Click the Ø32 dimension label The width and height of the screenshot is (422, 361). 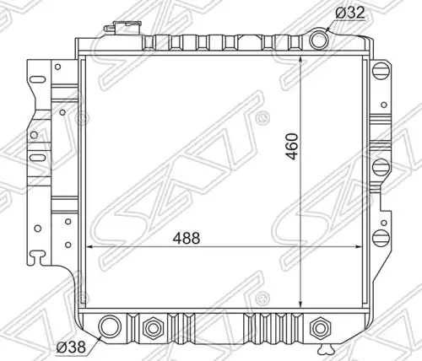point(350,13)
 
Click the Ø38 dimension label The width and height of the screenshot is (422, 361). point(71,348)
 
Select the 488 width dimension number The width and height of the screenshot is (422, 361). point(187,239)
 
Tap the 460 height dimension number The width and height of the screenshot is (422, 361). point(291,146)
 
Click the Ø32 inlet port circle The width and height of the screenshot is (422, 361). point(319,39)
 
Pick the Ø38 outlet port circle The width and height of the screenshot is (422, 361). point(110,326)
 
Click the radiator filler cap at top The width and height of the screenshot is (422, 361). point(123,28)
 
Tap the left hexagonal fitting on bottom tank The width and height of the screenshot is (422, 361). point(153,327)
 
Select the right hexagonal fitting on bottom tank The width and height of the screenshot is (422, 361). point(320,327)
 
